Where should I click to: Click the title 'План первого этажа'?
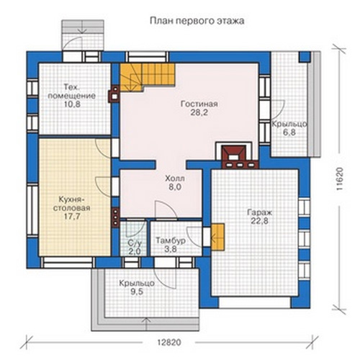click(x=197, y=21)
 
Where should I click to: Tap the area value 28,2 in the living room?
click(x=199, y=112)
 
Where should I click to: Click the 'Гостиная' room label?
click(x=199, y=104)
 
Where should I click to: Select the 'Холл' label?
click(x=175, y=179)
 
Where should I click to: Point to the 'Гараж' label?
click(x=259, y=212)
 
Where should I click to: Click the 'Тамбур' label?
click(x=171, y=240)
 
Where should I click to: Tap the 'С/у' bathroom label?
click(x=135, y=243)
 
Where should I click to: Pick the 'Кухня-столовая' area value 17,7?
click(x=72, y=216)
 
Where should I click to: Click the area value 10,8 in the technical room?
click(x=72, y=104)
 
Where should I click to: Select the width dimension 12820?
click(x=169, y=342)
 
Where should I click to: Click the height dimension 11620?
click(x=340, y=179)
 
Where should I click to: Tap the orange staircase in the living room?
click(x=147, y=76)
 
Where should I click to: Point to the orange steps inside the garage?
click(x=217, y=237)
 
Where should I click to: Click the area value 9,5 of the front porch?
click(x=137, y=292)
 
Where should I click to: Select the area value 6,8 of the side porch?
click(x=289, y=132)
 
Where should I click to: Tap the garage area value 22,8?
click(x=259, y=221)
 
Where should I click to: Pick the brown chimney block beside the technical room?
click(x=114, y=94)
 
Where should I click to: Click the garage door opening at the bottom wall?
click(x=255, y=302)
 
